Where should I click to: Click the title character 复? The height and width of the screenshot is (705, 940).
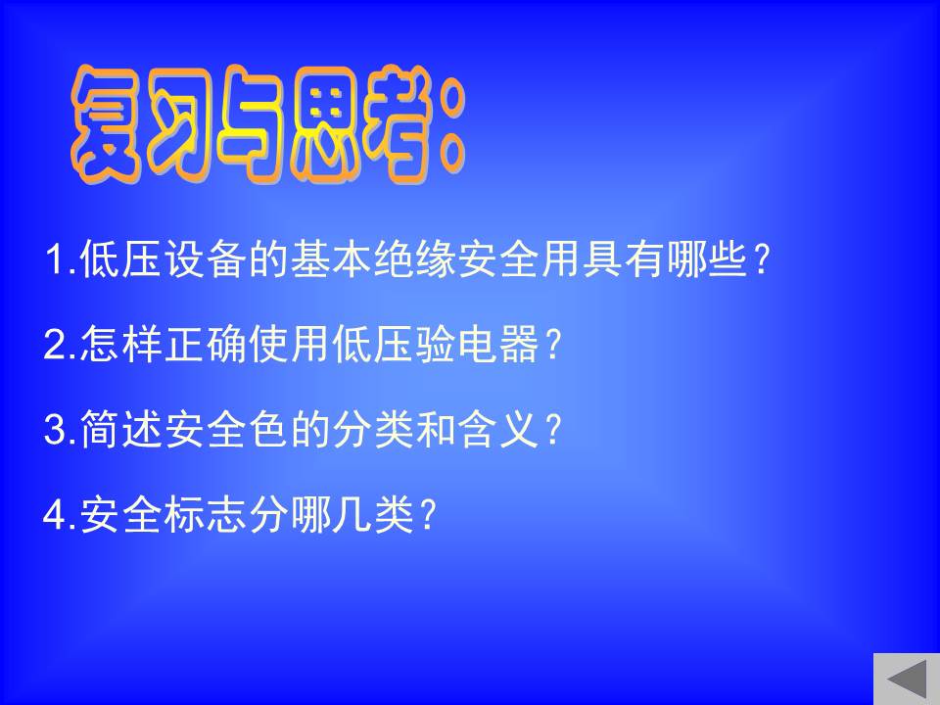coord(107,123)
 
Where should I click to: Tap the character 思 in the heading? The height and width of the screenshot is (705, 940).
coord(327,123)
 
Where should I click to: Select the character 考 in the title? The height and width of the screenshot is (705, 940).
coord(399,123)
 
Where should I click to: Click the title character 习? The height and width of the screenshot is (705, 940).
coord(180,123)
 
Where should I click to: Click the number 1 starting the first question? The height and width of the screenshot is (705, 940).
coord(56,259)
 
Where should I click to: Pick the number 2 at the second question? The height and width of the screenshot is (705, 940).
coord(55,344)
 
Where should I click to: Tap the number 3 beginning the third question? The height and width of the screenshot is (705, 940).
coord(55,429)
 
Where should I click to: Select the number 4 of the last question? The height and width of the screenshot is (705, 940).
coord(55,514)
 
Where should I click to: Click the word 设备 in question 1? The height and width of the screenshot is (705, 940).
coord(206,258)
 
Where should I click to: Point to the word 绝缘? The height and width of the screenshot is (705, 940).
coord(415,258)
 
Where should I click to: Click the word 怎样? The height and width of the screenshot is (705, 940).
coord(121,344)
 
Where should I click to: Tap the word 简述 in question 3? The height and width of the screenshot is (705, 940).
coord(121,429)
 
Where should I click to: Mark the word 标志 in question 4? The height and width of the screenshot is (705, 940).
coord(206,514)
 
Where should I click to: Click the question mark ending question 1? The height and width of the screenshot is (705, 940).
coord(762,259)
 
